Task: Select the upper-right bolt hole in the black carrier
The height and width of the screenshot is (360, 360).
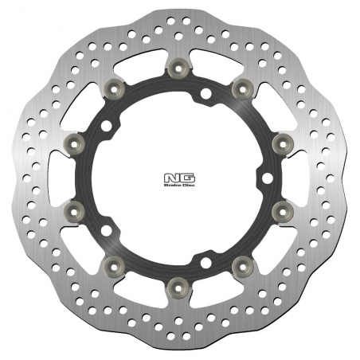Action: coord(205,96)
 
